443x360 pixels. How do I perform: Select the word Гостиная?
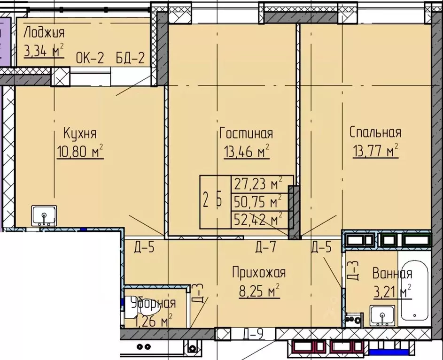pyautogui.click(x=246, y=134)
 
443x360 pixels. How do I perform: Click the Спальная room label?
pyautogui.click(x=375, y=133)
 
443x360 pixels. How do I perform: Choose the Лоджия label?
pyautogui.click(x=44, y=33)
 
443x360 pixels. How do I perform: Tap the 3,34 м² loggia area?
pyautogui.click(x=44, y=51)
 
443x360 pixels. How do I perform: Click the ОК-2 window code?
pyautogui.click(x=90, y=60)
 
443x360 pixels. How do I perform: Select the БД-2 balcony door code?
pyautogui.click(x=130, y=60)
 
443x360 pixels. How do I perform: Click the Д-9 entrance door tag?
pyautogui.click(x=253, y=335)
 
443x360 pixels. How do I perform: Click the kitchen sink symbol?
pyautogui.click(x=44, y=216)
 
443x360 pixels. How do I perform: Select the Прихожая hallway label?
pyautogui.click(x=259, y=273)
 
